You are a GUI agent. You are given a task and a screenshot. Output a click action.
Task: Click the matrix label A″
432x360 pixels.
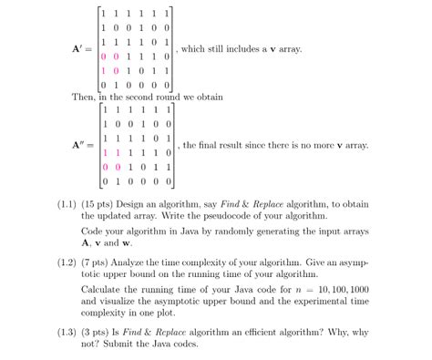(x=78, y=144)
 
